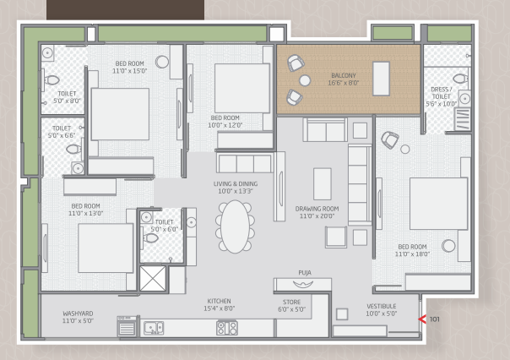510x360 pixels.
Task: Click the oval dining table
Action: coord(235,226)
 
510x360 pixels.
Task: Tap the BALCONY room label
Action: coord(344,75)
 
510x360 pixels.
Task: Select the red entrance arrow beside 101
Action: coord(422,319)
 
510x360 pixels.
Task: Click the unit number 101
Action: coord(435,319)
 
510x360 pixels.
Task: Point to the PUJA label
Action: coord(305,272)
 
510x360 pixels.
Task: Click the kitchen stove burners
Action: coord(227,328)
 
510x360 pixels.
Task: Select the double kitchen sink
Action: coord(154,328)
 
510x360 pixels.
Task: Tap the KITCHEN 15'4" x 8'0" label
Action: coord(220,305)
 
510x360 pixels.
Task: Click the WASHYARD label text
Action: coord(78,314)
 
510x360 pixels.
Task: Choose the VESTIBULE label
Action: coord(382,306)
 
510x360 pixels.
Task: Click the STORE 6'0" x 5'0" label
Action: coord(292,306)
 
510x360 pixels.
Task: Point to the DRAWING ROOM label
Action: coord(317,209)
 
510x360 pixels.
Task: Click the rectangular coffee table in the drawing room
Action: coord(323,184)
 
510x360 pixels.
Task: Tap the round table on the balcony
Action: coord(305,80)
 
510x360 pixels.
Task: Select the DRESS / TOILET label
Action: coord(442,93)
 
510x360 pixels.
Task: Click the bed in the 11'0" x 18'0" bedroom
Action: coord(438,204)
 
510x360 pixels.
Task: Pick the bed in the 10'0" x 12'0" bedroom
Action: coord(242,88)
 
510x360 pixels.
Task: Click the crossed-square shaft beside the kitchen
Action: coord(153,279)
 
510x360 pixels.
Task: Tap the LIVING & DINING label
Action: coord(236,183)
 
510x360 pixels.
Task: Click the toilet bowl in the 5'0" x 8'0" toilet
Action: coord(52,79)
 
